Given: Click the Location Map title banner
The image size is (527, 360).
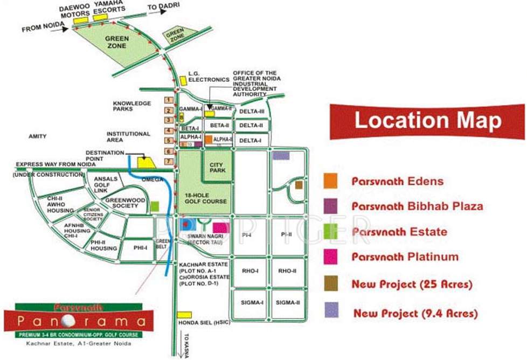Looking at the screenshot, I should click(427, 121).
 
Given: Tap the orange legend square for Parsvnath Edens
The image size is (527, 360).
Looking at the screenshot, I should click(331, 181).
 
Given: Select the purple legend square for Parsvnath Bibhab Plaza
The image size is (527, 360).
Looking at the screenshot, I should click(331, 206).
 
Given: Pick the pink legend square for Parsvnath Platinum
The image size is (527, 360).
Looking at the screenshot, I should click(331, 257).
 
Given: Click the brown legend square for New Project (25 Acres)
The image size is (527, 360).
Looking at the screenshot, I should click(331, 283).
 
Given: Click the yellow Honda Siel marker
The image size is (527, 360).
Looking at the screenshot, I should click(184, 314).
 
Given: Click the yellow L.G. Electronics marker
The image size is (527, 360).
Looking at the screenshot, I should click(183, 80).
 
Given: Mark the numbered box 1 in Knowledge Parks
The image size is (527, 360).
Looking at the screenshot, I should click(169, 100).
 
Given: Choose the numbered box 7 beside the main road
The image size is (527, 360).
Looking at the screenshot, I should click(169, 161).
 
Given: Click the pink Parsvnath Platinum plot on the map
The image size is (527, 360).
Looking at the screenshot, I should click(220, 227).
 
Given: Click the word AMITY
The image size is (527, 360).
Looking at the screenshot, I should click(38, 136).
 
